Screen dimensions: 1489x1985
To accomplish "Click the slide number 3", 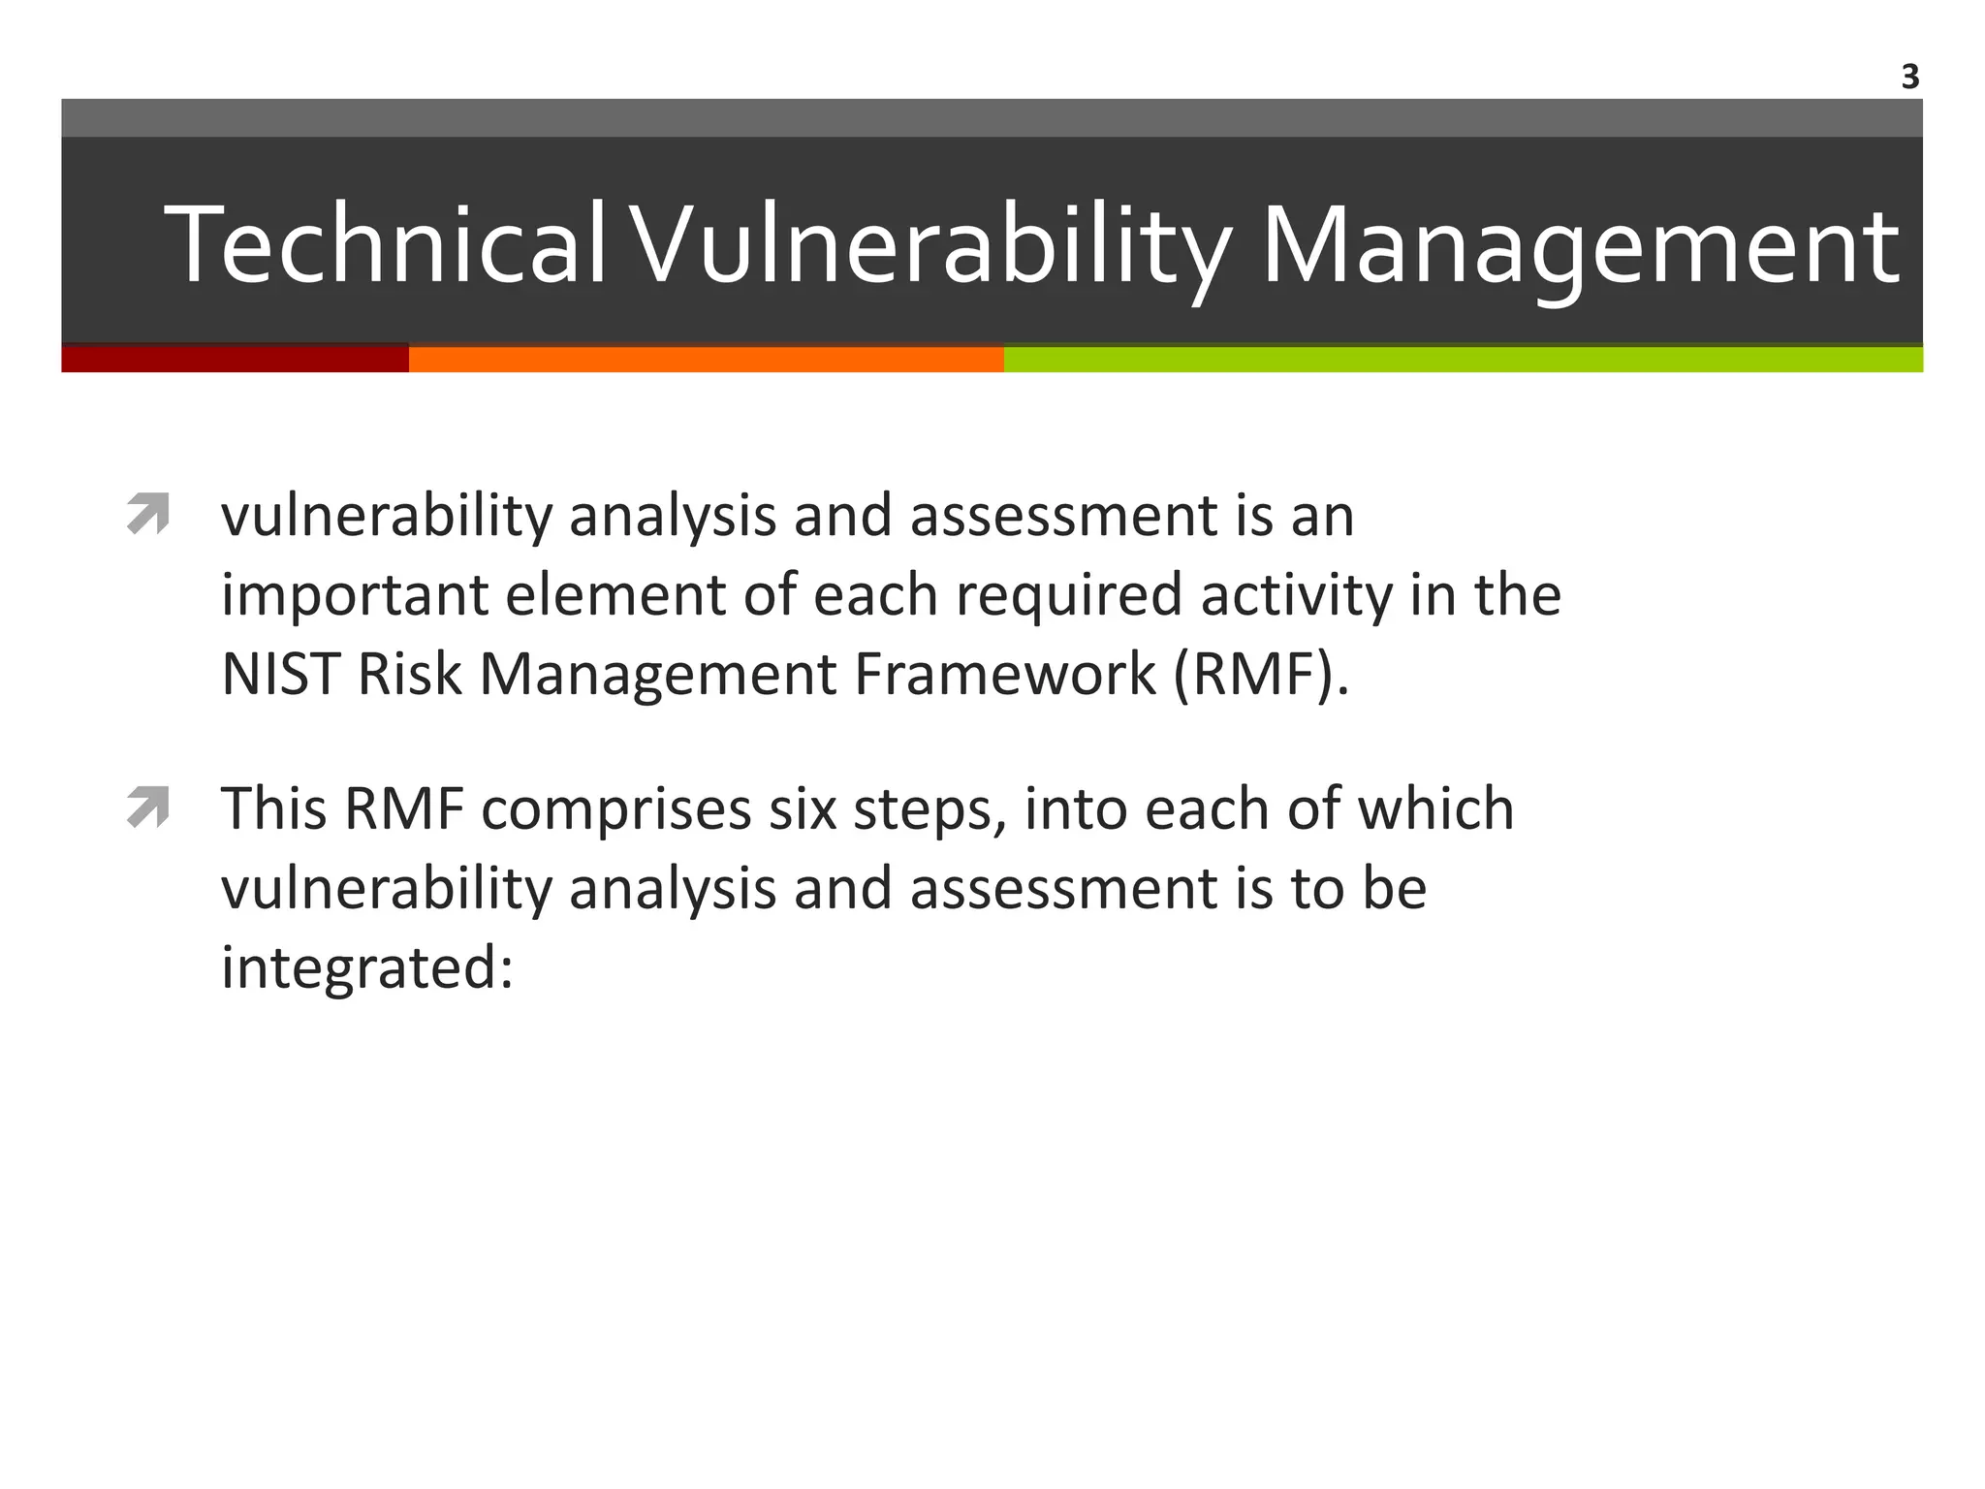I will tap(1909, 77).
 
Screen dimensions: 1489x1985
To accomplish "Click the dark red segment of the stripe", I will tap(235, 359).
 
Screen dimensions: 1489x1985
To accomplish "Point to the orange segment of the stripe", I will tap(706, 359).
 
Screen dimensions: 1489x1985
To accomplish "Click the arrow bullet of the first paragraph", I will tap(148, 514).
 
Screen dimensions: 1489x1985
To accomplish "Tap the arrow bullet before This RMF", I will tap(148, 808).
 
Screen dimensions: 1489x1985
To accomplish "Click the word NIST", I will tap(280, 674).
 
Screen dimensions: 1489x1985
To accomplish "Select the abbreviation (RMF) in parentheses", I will tap(1260, 674).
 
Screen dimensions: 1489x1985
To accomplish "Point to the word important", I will tap(354, 595).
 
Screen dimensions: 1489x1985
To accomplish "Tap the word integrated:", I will tap(366, 968).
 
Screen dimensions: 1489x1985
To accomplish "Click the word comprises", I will tap(615, 809).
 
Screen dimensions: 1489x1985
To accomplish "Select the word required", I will tap(1068, 595).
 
